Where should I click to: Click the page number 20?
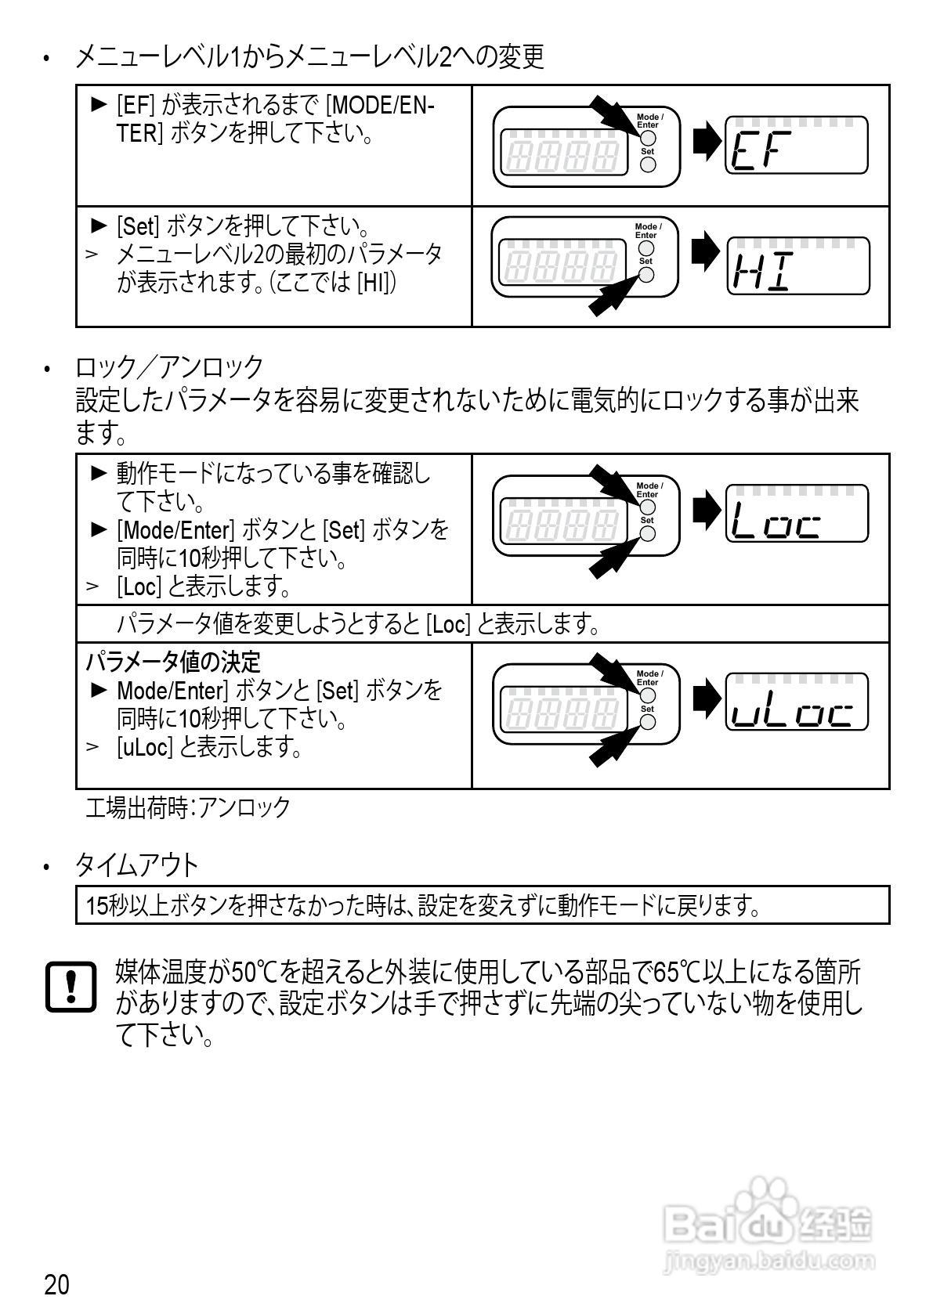(x=56, y=1284)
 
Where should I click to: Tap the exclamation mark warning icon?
(x=71, y=987)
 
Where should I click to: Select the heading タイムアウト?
(x=136, y=865)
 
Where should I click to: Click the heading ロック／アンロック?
(x=169, y=366)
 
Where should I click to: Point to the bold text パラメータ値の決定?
(x=172, y=662)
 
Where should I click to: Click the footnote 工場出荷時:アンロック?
(x=187, y=807)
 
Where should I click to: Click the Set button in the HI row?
(x=646, y=274)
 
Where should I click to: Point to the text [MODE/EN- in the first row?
(x=381, y=105)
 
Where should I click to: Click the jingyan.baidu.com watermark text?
(x=768, y=1262)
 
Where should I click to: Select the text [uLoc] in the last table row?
(x=144, y=747)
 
